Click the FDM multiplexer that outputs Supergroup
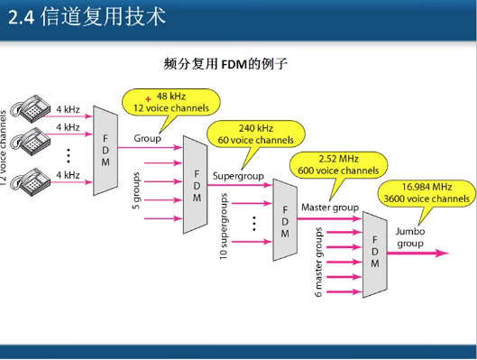tap(195, 182)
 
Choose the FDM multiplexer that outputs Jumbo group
tap(373, 254)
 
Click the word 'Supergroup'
tap(235, 171)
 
